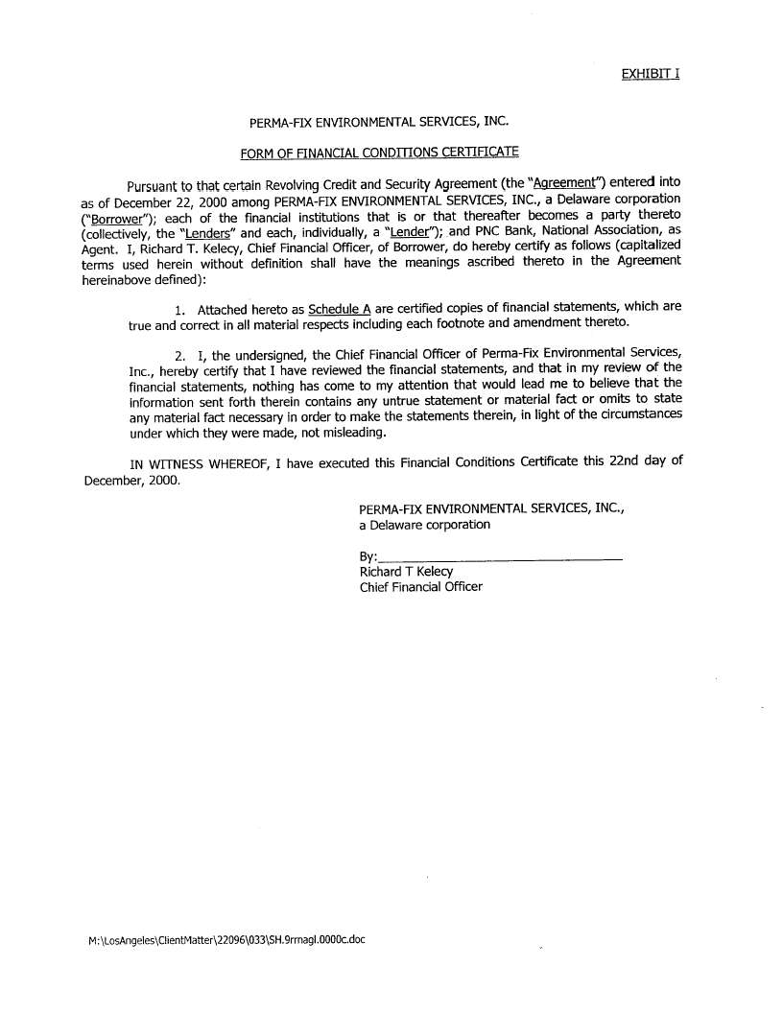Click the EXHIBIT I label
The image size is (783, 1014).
click(650, 74)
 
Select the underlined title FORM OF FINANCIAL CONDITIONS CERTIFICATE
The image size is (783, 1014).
click(379, 152)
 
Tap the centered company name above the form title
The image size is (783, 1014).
click(378, 123)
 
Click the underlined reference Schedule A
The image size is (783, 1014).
click(339, 309)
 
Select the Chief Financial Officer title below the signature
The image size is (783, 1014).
click(420, 587)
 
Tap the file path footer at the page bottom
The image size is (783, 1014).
click(226, 940)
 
